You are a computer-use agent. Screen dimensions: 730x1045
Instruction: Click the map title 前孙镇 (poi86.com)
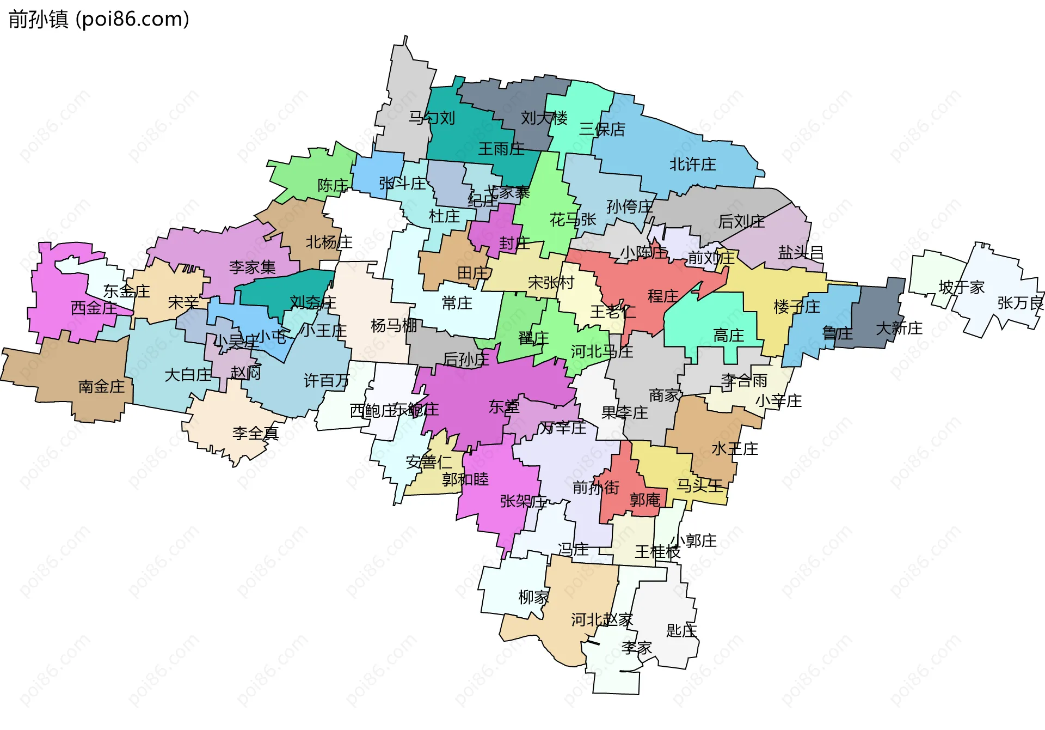coord(99,19)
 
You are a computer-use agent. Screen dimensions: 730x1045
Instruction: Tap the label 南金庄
coord(102,386)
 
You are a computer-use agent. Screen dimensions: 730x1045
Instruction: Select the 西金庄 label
coord(94,308)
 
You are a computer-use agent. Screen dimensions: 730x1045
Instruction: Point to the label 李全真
coord(255,433)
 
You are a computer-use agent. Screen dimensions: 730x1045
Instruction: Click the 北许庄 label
coord(692,164)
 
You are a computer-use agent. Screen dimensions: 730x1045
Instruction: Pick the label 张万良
coord(1020,303)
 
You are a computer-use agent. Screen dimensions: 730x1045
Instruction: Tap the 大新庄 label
coord(899,328)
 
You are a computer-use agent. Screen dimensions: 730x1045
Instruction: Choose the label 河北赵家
coord(602,619)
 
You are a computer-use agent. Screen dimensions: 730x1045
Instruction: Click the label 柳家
coord(533,597)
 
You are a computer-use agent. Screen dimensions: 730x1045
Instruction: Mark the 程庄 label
coord(663,296)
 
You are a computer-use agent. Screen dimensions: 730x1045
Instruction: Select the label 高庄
coord(728,335)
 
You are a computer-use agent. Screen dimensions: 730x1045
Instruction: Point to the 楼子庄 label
coord(797,307)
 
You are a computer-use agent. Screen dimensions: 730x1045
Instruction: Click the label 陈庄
coord(333,185)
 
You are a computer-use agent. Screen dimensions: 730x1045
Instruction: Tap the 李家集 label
coord(252,267)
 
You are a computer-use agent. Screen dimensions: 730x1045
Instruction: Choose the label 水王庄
coord(735,448)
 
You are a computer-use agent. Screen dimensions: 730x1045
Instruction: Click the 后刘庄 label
coord(741,221)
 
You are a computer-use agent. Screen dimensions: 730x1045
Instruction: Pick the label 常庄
coord(457,303)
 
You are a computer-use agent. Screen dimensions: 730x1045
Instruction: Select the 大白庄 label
coord(188,375)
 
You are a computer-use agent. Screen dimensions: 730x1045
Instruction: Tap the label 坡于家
coord(962,287)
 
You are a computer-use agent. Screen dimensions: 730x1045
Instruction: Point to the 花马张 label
coord(573,220)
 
